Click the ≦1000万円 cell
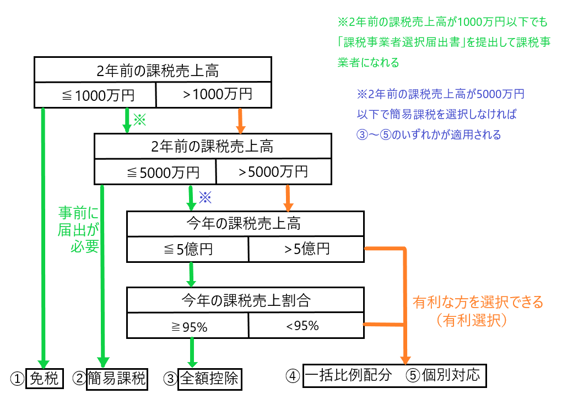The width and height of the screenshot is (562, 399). click(96, 95)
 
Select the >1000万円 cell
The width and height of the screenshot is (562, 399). click(215, 95)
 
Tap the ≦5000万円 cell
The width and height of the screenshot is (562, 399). click(156, 172)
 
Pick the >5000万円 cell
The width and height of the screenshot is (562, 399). click(274, 172)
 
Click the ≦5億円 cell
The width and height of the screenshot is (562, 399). click(188, 249)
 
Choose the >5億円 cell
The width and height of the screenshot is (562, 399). click(306, 249)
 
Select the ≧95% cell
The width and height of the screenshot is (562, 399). click(188, 326)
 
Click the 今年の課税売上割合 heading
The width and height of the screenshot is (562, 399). click(246, 300)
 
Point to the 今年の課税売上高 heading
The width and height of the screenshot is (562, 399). click(246, 224)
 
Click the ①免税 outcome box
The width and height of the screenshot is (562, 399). click(43, 378)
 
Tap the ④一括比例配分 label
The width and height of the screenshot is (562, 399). click(347, 376)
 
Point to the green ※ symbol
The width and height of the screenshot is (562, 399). click(140, 120)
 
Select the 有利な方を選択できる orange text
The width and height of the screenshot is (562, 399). click(478, 302)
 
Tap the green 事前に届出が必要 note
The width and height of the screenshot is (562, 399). click(78, 229)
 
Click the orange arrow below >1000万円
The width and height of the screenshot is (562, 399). click(240, 120)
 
